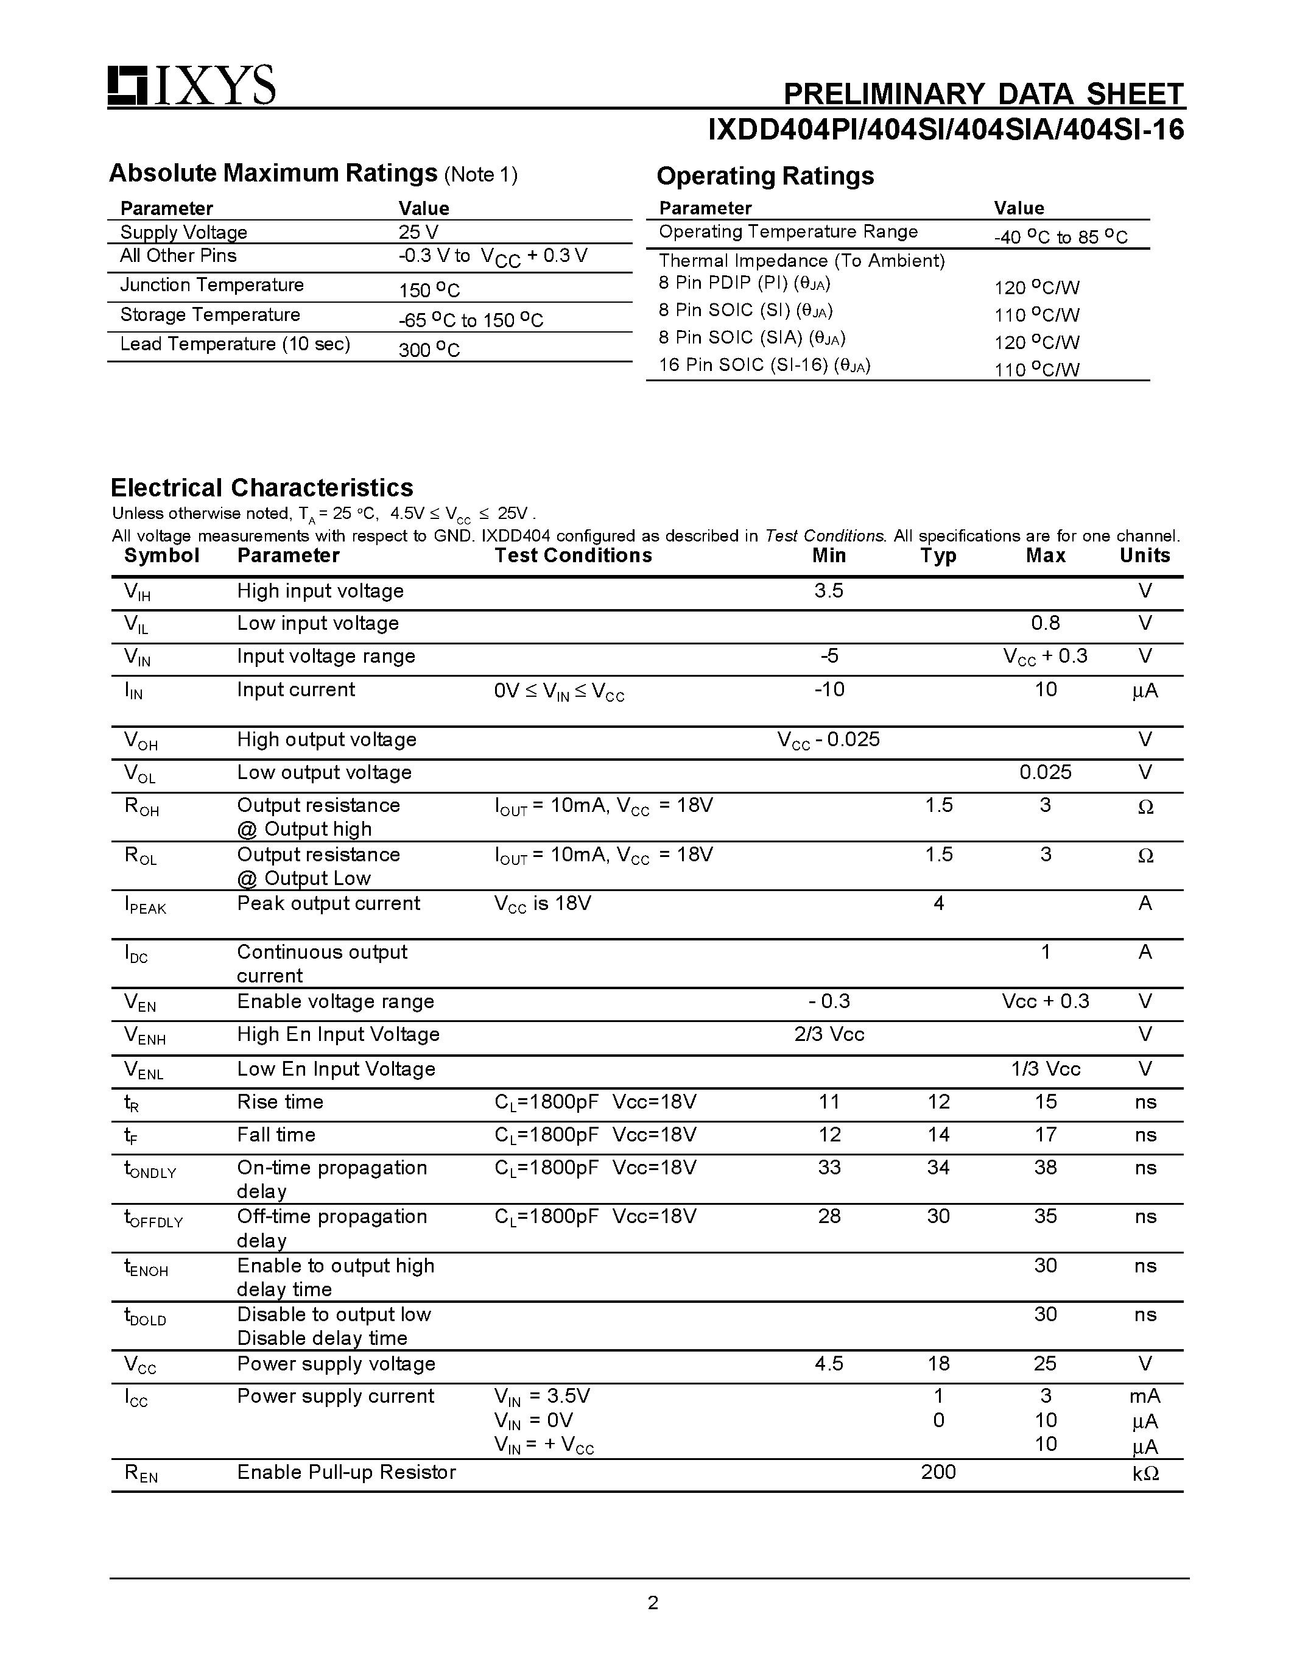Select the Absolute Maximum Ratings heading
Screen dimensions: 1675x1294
point(273,174)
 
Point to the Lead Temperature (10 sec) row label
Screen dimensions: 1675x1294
point(234,344)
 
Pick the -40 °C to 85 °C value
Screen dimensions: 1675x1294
point(1060,237)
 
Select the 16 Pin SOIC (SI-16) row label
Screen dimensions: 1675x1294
point(764,365)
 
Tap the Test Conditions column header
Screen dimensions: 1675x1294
point(572,555)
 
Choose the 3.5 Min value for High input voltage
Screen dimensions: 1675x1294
point(829,591)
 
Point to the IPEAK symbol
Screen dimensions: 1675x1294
point(145,905)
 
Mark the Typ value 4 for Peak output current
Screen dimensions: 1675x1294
point(938,903)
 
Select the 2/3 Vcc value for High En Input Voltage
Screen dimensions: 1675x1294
point(829,1035)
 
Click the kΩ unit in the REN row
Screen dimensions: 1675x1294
point(1145,1473)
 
